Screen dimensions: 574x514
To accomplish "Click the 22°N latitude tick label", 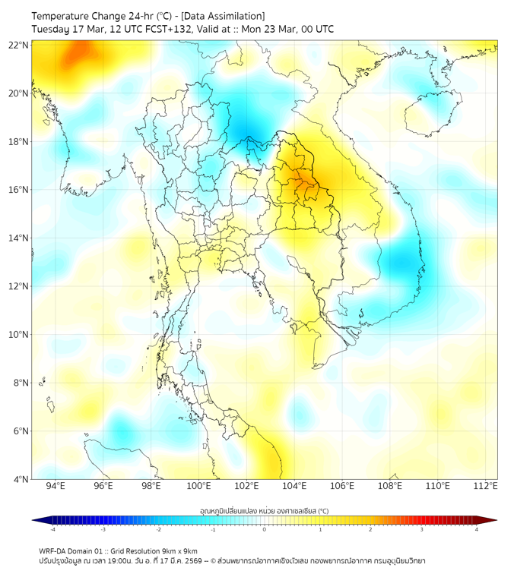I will [x=19, y=45].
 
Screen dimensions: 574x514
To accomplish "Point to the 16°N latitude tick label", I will [x=19, y=189].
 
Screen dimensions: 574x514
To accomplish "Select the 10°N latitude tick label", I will [x=19, y=334].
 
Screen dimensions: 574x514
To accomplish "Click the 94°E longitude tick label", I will [x=56, y=486].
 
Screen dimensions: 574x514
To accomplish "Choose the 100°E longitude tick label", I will [x=199, y=486].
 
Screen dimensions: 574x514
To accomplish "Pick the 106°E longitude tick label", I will [x=342, y=486].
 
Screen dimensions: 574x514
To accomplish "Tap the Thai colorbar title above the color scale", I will [x=264, y=511].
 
